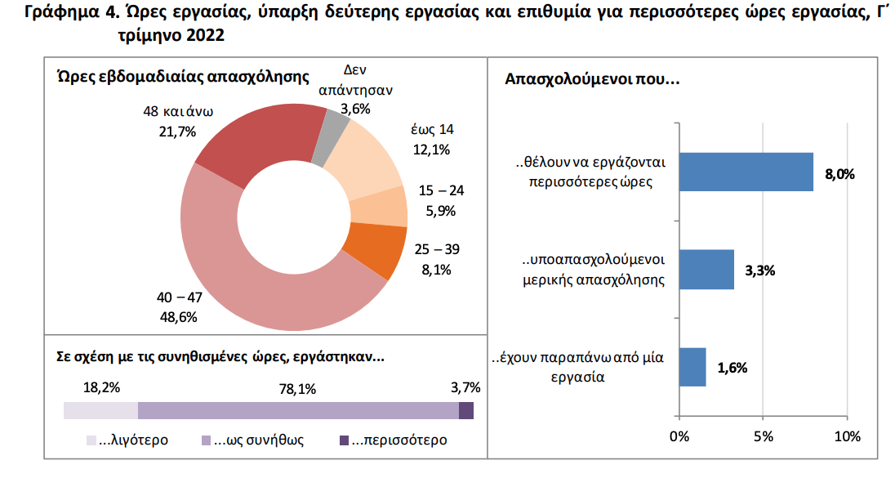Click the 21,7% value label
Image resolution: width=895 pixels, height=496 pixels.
pyautogui.click(x=177, y=131)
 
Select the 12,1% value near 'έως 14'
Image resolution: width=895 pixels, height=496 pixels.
pyautogui.click(x=431, y=149)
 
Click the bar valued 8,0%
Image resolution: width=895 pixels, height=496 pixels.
pyautogui.click(x=746, y=172)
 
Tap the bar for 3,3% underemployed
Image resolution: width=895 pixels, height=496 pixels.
pyautogui.click(x=706, y=270)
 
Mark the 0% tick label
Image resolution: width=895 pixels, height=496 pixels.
pyautogui.click(x=679, y=436)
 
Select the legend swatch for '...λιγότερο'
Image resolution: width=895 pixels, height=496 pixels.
pyautogui.click(x=92, y=440)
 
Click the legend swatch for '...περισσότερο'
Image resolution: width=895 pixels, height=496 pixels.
pyautogui.click(x=345, y=440)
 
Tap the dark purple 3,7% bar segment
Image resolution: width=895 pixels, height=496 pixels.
pyautogui.click(x=465, y=410)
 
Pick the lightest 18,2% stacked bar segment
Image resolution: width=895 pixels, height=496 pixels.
pyautogui.click(x=100, y=410)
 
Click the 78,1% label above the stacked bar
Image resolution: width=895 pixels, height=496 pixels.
pyautogui.click(x=297, y=389)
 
